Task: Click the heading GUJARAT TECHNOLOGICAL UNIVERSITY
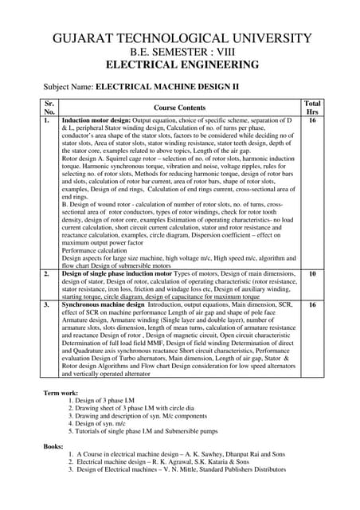pyautogui.click(x=180, y=38)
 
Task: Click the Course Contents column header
pyautogui.click(x=180, y=108)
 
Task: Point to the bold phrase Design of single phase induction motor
pyautogui.click(x=119, y=273)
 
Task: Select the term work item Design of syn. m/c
pyautogui.click(x=104, y=424)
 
